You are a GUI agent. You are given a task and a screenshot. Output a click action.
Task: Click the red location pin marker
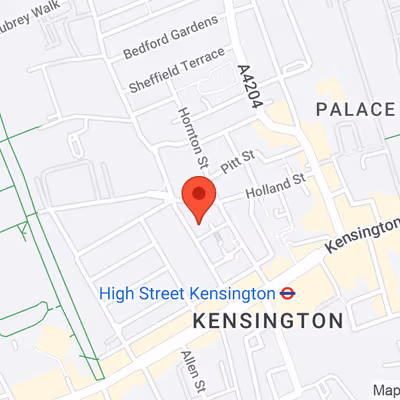(x=198, y=198)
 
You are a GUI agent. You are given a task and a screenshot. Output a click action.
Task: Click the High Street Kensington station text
(x=186, y=293)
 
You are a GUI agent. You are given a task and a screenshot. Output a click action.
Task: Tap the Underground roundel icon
(x=287, y=293)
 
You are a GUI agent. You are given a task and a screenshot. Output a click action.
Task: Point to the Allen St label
(x=194, y=372)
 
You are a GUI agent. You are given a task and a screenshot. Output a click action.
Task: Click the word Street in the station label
(x=158, y=293)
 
